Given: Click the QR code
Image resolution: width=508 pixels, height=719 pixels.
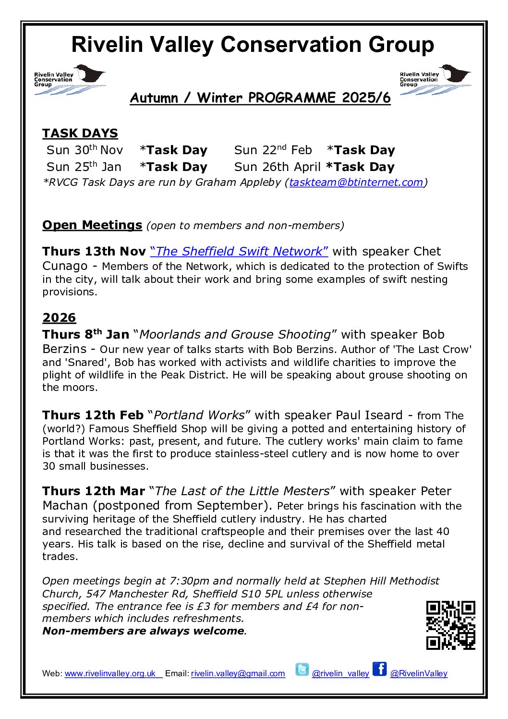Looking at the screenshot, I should (450, 625).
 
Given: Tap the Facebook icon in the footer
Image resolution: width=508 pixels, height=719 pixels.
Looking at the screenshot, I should (379, 669).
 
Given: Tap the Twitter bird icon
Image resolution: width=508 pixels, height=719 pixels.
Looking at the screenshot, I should (302, 669).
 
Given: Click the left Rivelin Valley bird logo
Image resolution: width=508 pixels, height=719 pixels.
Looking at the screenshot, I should (70, 80).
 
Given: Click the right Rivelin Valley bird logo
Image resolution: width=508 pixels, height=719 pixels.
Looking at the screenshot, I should (435, 80).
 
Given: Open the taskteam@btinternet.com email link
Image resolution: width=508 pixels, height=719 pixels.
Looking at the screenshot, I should (356, 183).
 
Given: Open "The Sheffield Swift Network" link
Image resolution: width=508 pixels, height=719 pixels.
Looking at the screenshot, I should (239, 251).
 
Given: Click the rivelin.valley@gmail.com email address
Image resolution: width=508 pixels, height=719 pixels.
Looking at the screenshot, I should (238, 673).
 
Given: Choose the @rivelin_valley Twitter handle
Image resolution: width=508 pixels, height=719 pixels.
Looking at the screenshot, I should (340, 673).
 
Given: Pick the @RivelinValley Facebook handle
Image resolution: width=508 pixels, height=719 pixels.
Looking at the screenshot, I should (419, 673).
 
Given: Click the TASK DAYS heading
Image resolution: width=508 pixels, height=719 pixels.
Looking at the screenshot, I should (80, 133).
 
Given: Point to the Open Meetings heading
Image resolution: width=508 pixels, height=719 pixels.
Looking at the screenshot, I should (92, 225).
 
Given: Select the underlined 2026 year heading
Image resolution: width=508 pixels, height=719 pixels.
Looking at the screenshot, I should (59, 317).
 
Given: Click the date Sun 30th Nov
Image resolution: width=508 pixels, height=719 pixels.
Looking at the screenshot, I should (85, 150).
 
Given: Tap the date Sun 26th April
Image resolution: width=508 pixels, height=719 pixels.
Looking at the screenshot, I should (277, 167).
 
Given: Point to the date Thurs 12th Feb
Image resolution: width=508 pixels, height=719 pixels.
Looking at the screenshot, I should (93, 415).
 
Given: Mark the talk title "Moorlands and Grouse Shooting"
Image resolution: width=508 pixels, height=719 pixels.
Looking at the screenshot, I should (235, 334).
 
